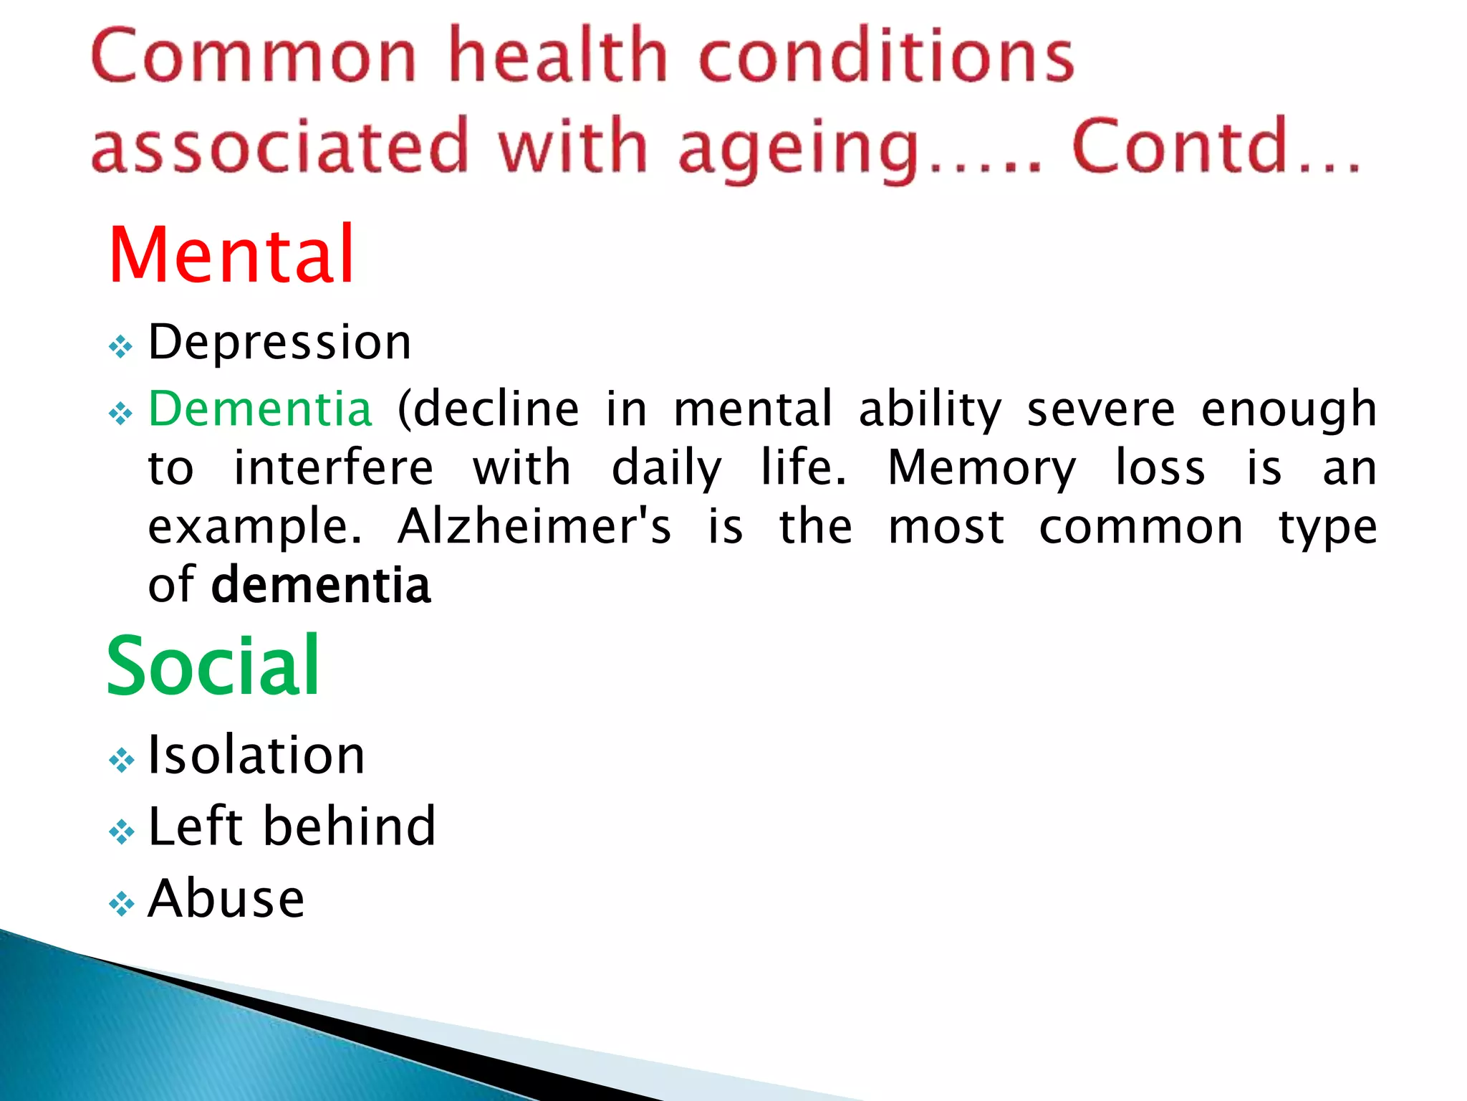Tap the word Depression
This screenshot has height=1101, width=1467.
279,342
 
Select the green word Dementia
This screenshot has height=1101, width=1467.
260,409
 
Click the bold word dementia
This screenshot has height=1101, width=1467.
321,586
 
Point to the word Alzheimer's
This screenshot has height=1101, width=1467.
534,527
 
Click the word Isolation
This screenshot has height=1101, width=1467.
256,756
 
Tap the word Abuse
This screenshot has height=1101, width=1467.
226,899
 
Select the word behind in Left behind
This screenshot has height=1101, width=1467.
350,826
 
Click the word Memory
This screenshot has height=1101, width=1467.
981,469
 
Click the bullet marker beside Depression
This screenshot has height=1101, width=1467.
121,348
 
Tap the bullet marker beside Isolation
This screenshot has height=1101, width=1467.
121,761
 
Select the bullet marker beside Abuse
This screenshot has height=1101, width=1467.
121,904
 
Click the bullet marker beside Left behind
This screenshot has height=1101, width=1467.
121,832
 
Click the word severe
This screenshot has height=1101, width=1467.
1101,409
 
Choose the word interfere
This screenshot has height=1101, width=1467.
334,469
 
